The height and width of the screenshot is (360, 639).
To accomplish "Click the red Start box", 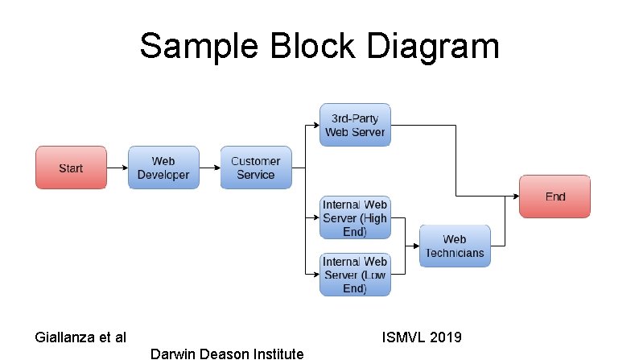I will tap(71, 168).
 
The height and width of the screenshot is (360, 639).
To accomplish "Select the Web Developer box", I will tap(163, 168).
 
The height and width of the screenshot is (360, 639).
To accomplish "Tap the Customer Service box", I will tap(256, 168).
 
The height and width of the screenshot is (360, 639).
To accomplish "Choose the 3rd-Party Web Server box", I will tap(355, 125).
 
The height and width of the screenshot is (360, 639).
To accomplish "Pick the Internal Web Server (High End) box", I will tap(355, 217).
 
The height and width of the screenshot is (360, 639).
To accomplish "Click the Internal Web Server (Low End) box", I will tap(355, 275).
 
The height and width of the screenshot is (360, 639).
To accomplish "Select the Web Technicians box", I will tap(455, 246).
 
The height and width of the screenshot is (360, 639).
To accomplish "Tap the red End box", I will tap(555, 196).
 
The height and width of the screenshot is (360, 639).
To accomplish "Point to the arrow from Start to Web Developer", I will tap(117, 168).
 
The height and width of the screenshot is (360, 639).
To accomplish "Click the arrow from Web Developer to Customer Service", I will tap(210, 168).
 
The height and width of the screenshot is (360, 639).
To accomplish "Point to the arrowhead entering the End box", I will tap(515, 196).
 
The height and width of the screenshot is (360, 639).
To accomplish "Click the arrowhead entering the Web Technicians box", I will tap(415, 246).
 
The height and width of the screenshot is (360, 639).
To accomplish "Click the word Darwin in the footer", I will tap(171, 354).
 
